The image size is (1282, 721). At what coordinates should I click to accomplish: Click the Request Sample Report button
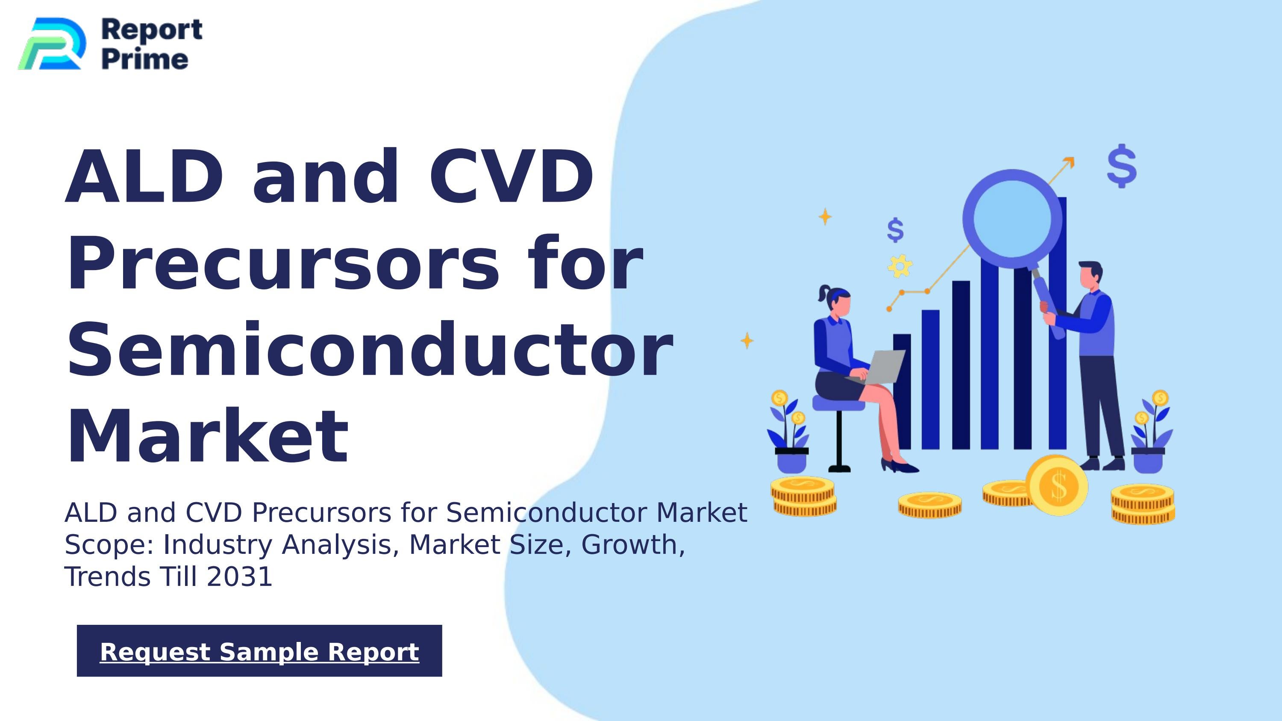pyautogui.click(x=259, y=651)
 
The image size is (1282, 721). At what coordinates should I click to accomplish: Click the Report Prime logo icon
pyautogui.click(x=51, y=44)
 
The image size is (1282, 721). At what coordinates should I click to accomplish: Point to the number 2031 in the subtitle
pyautogui.click(x=239, y=577)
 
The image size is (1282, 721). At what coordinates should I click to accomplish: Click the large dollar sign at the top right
pyautogui.click(x=1122, y=166)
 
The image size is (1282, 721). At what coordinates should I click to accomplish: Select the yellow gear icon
pyautogui.click(x=900, y=266)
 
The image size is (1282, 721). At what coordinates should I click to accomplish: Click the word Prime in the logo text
pyautogui.click(x=145, y=59)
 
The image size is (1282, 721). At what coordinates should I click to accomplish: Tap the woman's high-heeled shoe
pyautogui.click(x=900, y=466)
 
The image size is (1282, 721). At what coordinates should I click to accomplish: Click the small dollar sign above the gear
pyautogui.click(x=895, y=230)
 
